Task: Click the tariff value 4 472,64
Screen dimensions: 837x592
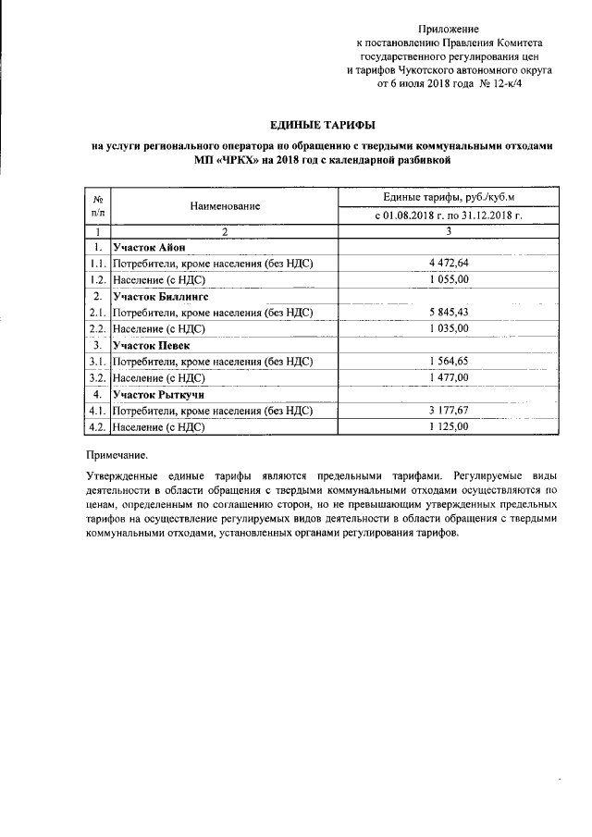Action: (x=449, y=263)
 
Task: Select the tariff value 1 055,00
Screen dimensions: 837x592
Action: (x=449, y=278)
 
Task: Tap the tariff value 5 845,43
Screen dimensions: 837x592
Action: (x=449, y=312)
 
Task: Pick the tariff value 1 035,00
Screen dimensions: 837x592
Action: (x=449, y=328)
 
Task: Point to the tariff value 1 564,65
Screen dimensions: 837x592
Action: (x=449, y=361)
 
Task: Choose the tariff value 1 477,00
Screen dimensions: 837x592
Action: (x=449, y=377)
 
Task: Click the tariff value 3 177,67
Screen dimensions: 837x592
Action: (x=449, y=411)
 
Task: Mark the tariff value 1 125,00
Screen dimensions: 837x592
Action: (x=449, y=426)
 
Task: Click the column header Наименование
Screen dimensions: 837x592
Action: (x=226, y=206)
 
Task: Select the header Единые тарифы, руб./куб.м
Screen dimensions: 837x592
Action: (x=449, y=197)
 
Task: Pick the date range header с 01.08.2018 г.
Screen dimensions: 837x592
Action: (x=449, y=215)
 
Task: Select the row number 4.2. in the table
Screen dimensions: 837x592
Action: (x=97, y=427)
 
